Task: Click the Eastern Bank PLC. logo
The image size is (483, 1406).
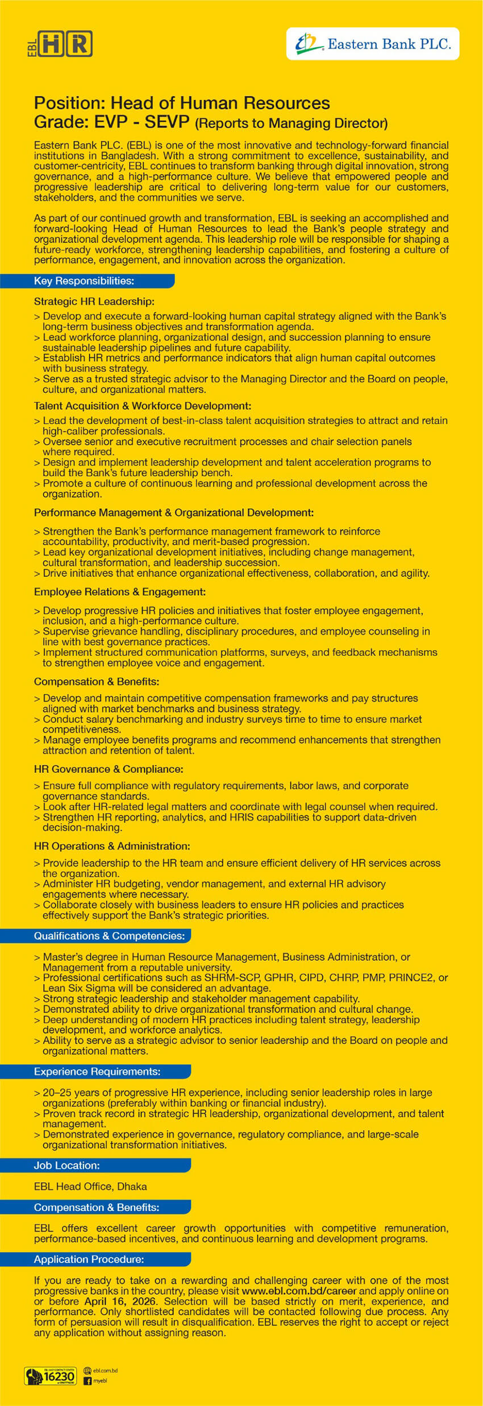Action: point(373,44)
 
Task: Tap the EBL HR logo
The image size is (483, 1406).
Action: point(60,44)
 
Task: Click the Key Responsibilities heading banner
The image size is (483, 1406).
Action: point(85,281)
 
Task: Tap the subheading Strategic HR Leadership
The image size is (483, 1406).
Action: point(94,302)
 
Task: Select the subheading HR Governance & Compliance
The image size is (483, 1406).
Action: point(109,769)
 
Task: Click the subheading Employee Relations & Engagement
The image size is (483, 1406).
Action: point(120,592)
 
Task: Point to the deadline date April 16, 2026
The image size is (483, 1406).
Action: point(119,1302)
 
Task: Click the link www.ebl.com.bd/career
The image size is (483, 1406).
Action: point(299,1291)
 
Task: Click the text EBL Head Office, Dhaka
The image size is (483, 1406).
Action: point(90,1187)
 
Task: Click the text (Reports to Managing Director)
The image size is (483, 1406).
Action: point(291,123)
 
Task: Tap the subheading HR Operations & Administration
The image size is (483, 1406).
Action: point(112,846)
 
